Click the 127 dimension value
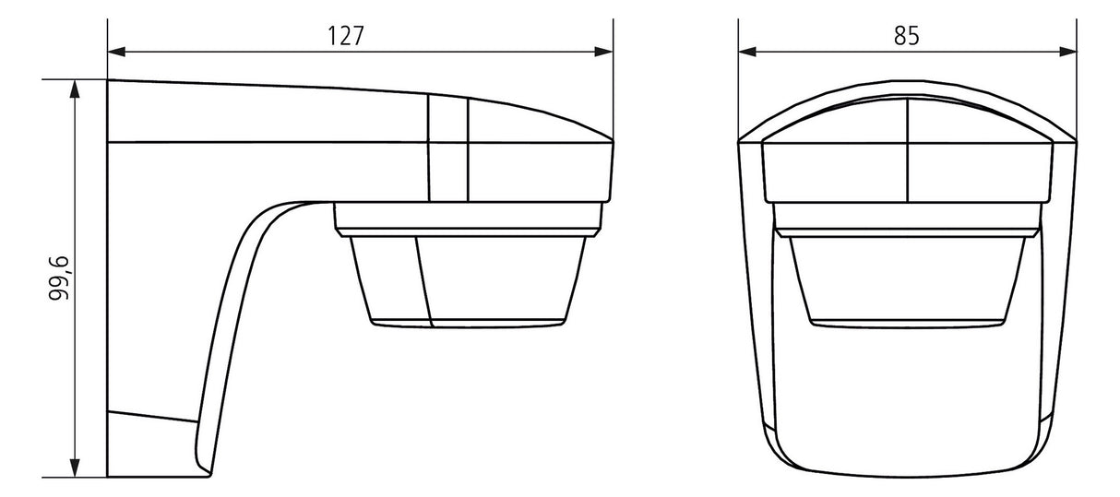(x=345, y=36)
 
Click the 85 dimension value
(x=907, y=36)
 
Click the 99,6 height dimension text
(x=60, y=278)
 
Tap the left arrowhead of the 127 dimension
(x=116, y=52)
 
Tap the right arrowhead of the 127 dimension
(x=604, y=52)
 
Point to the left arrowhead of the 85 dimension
(x=747, y=52)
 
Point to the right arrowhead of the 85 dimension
(x=1068, y=52)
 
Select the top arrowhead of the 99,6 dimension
(x=75, y=89)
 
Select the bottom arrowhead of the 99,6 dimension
(x=75, y=468)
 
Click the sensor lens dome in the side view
(x=468, y=281)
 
